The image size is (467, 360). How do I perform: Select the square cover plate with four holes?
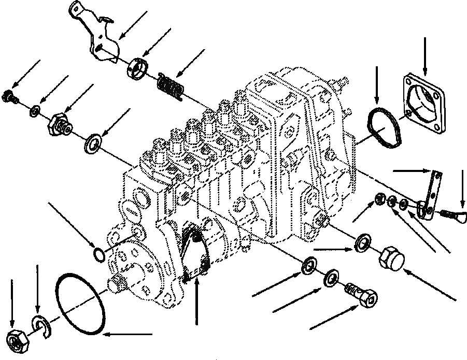tap(424, 103)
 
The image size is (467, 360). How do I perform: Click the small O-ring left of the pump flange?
tap(97, 255)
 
